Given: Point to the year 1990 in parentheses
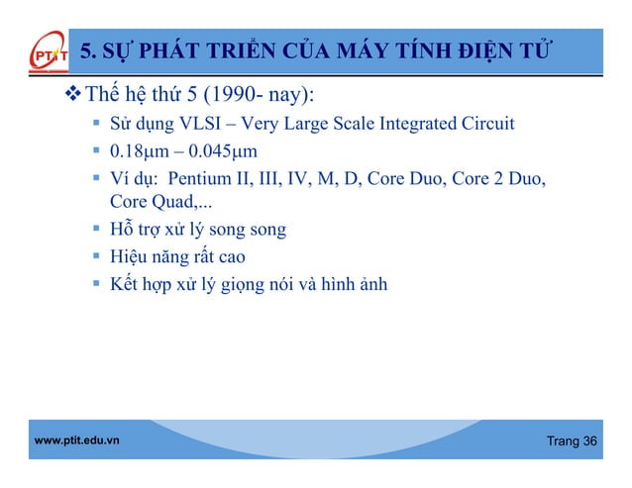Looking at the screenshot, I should click(x=228, y=96).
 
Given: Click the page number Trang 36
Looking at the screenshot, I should click(x=573, y=439).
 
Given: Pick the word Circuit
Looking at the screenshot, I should click(x=487, y=125).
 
